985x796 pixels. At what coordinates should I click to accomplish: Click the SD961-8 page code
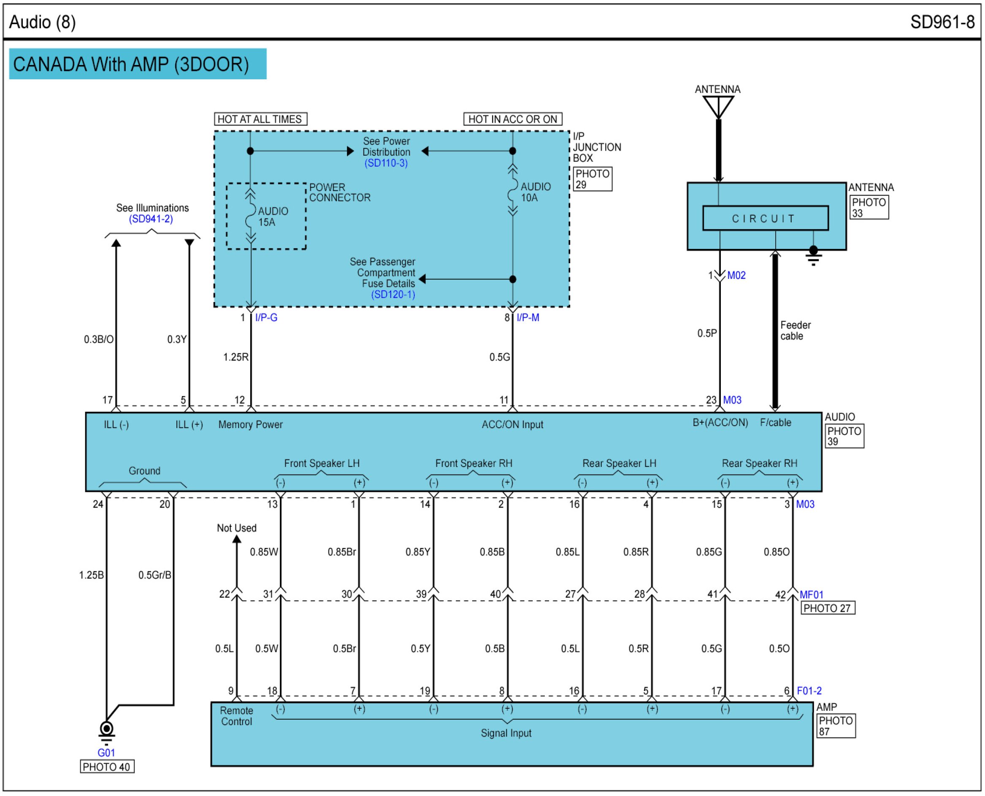[x=942, y=22]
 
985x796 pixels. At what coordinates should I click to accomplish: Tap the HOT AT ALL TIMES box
[x=260, y=119]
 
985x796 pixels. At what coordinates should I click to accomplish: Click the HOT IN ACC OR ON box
[x=512, y=119]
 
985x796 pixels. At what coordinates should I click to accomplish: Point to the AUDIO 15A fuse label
[x=273, y=216]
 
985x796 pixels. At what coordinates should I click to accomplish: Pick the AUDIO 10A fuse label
[x=535, y=192]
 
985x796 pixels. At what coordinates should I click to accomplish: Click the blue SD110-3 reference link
[x=386, y=163]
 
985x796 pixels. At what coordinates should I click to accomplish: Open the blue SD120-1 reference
[x=393, y=294]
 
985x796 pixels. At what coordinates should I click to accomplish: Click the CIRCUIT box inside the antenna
[x=765, y=218]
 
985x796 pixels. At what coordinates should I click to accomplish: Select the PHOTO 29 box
[x=592, y=179]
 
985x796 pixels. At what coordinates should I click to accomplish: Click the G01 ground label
[x=106, y=753]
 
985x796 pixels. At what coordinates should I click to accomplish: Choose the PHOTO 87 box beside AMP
[x=836, y=726]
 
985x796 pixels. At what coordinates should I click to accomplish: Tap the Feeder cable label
[x=795, y=331]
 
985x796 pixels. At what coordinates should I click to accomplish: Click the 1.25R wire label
[x=236, y=357]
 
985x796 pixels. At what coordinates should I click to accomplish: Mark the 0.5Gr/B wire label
[x=154, y=575]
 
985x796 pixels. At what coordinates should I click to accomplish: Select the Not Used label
[x=236, y=528]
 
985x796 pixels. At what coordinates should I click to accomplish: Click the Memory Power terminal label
[x=251, y=425]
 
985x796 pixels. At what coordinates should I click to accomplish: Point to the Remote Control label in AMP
[x=236, y=716]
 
